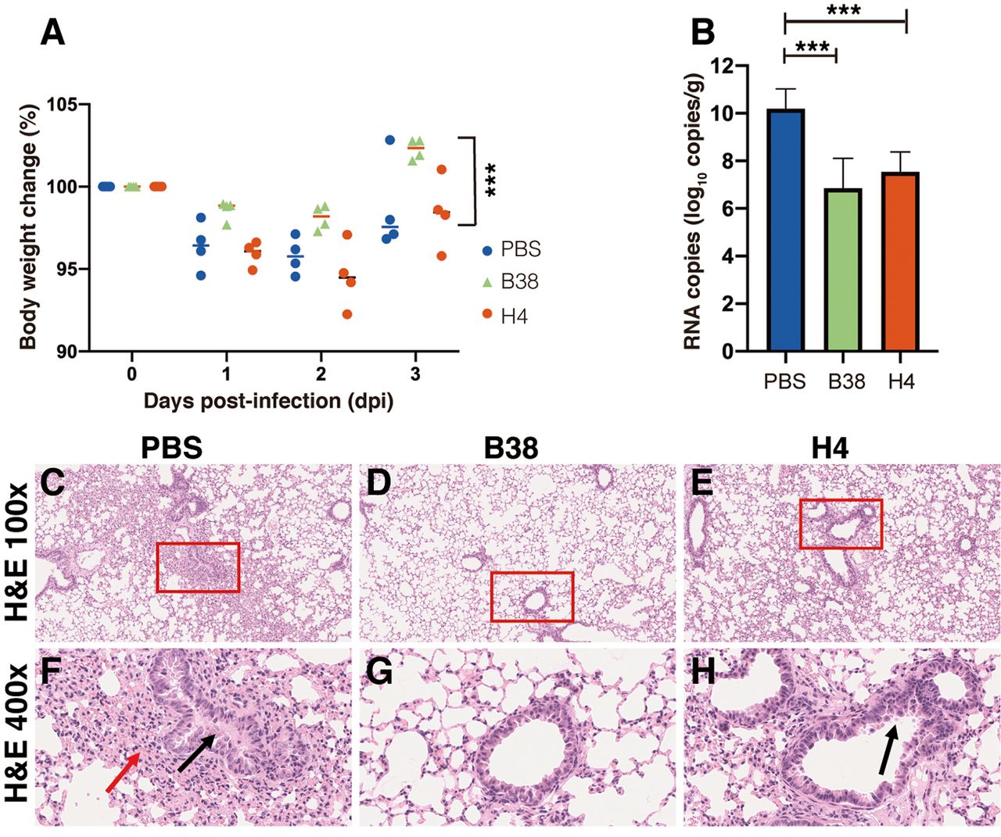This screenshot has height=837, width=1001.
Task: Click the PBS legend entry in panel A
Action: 512,250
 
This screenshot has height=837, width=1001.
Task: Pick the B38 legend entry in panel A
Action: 512,281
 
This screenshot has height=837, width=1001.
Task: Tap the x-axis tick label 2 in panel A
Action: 321,374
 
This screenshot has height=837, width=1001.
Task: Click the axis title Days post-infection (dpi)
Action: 268,401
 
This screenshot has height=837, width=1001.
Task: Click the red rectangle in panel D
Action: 532,596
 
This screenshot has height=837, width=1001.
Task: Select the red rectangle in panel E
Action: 841,524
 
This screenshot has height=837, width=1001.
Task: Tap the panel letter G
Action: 379,672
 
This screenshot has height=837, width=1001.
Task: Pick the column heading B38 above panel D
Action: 511,448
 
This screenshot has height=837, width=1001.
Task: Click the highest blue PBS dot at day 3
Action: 390,140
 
